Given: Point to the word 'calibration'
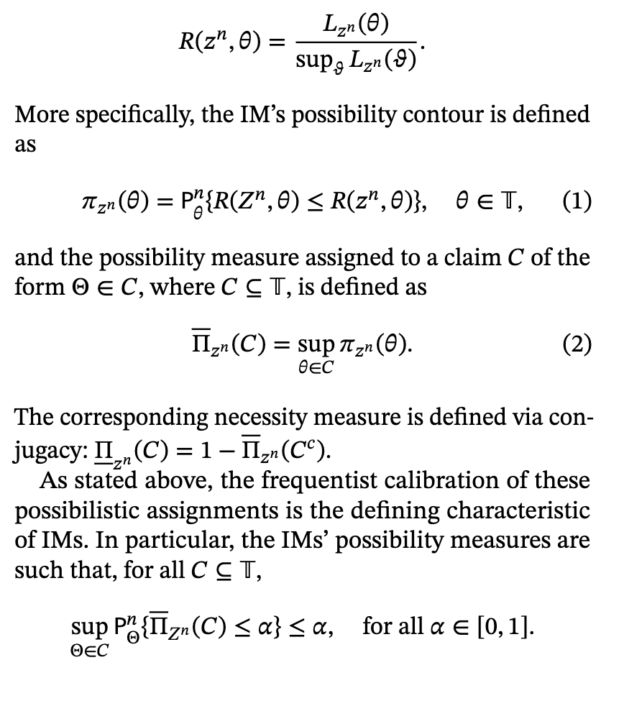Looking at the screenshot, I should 405,480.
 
